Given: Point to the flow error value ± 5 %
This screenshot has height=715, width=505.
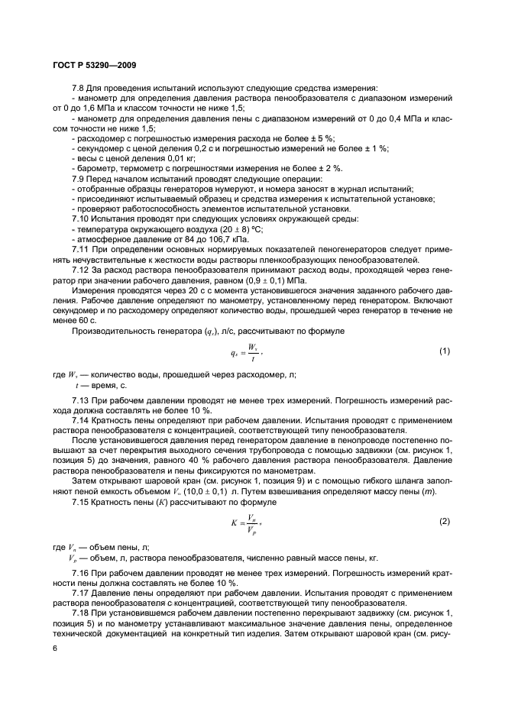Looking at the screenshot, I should point(256,139).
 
